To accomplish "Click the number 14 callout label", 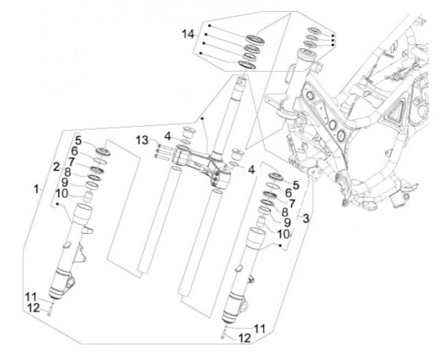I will pos(189,34).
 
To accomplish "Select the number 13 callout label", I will pos(141,140).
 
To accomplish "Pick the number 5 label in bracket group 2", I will pos(78,139).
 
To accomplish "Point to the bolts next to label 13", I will pos(161,153).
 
